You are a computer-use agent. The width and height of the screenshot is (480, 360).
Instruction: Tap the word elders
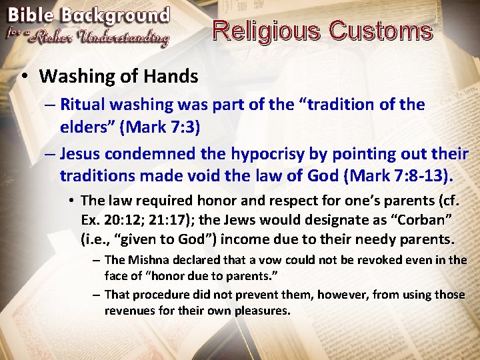[85, 126]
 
